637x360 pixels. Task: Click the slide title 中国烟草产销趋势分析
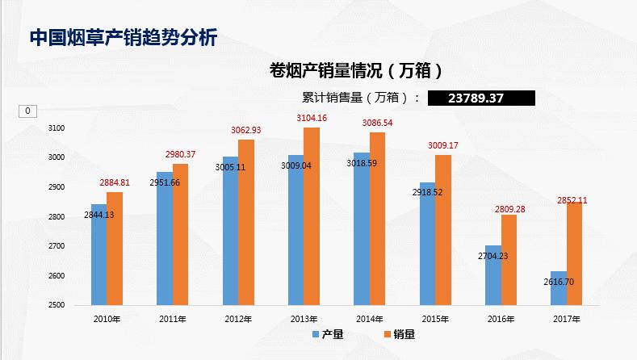123,37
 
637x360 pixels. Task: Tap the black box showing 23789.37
480,98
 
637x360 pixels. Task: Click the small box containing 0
27,111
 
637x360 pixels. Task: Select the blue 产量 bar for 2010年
98,255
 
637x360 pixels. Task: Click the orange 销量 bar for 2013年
312,217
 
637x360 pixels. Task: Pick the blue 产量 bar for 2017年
558,289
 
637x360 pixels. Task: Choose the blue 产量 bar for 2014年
361,229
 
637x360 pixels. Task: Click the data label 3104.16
311,119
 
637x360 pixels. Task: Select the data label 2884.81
115,183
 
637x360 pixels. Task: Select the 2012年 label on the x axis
238,320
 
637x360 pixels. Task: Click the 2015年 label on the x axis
435,320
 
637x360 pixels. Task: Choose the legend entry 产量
327,335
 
